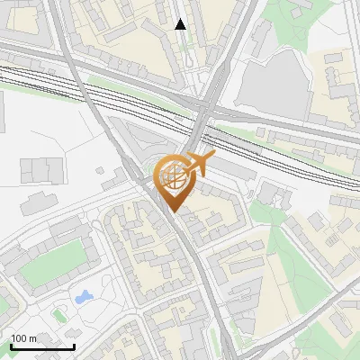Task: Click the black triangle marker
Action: point(181,24)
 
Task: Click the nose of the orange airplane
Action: point(213,158)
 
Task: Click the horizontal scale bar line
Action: point(42,346)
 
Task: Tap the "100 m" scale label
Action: point(24,338)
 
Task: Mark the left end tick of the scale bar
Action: point(10,345)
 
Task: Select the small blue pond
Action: point(83,296)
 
